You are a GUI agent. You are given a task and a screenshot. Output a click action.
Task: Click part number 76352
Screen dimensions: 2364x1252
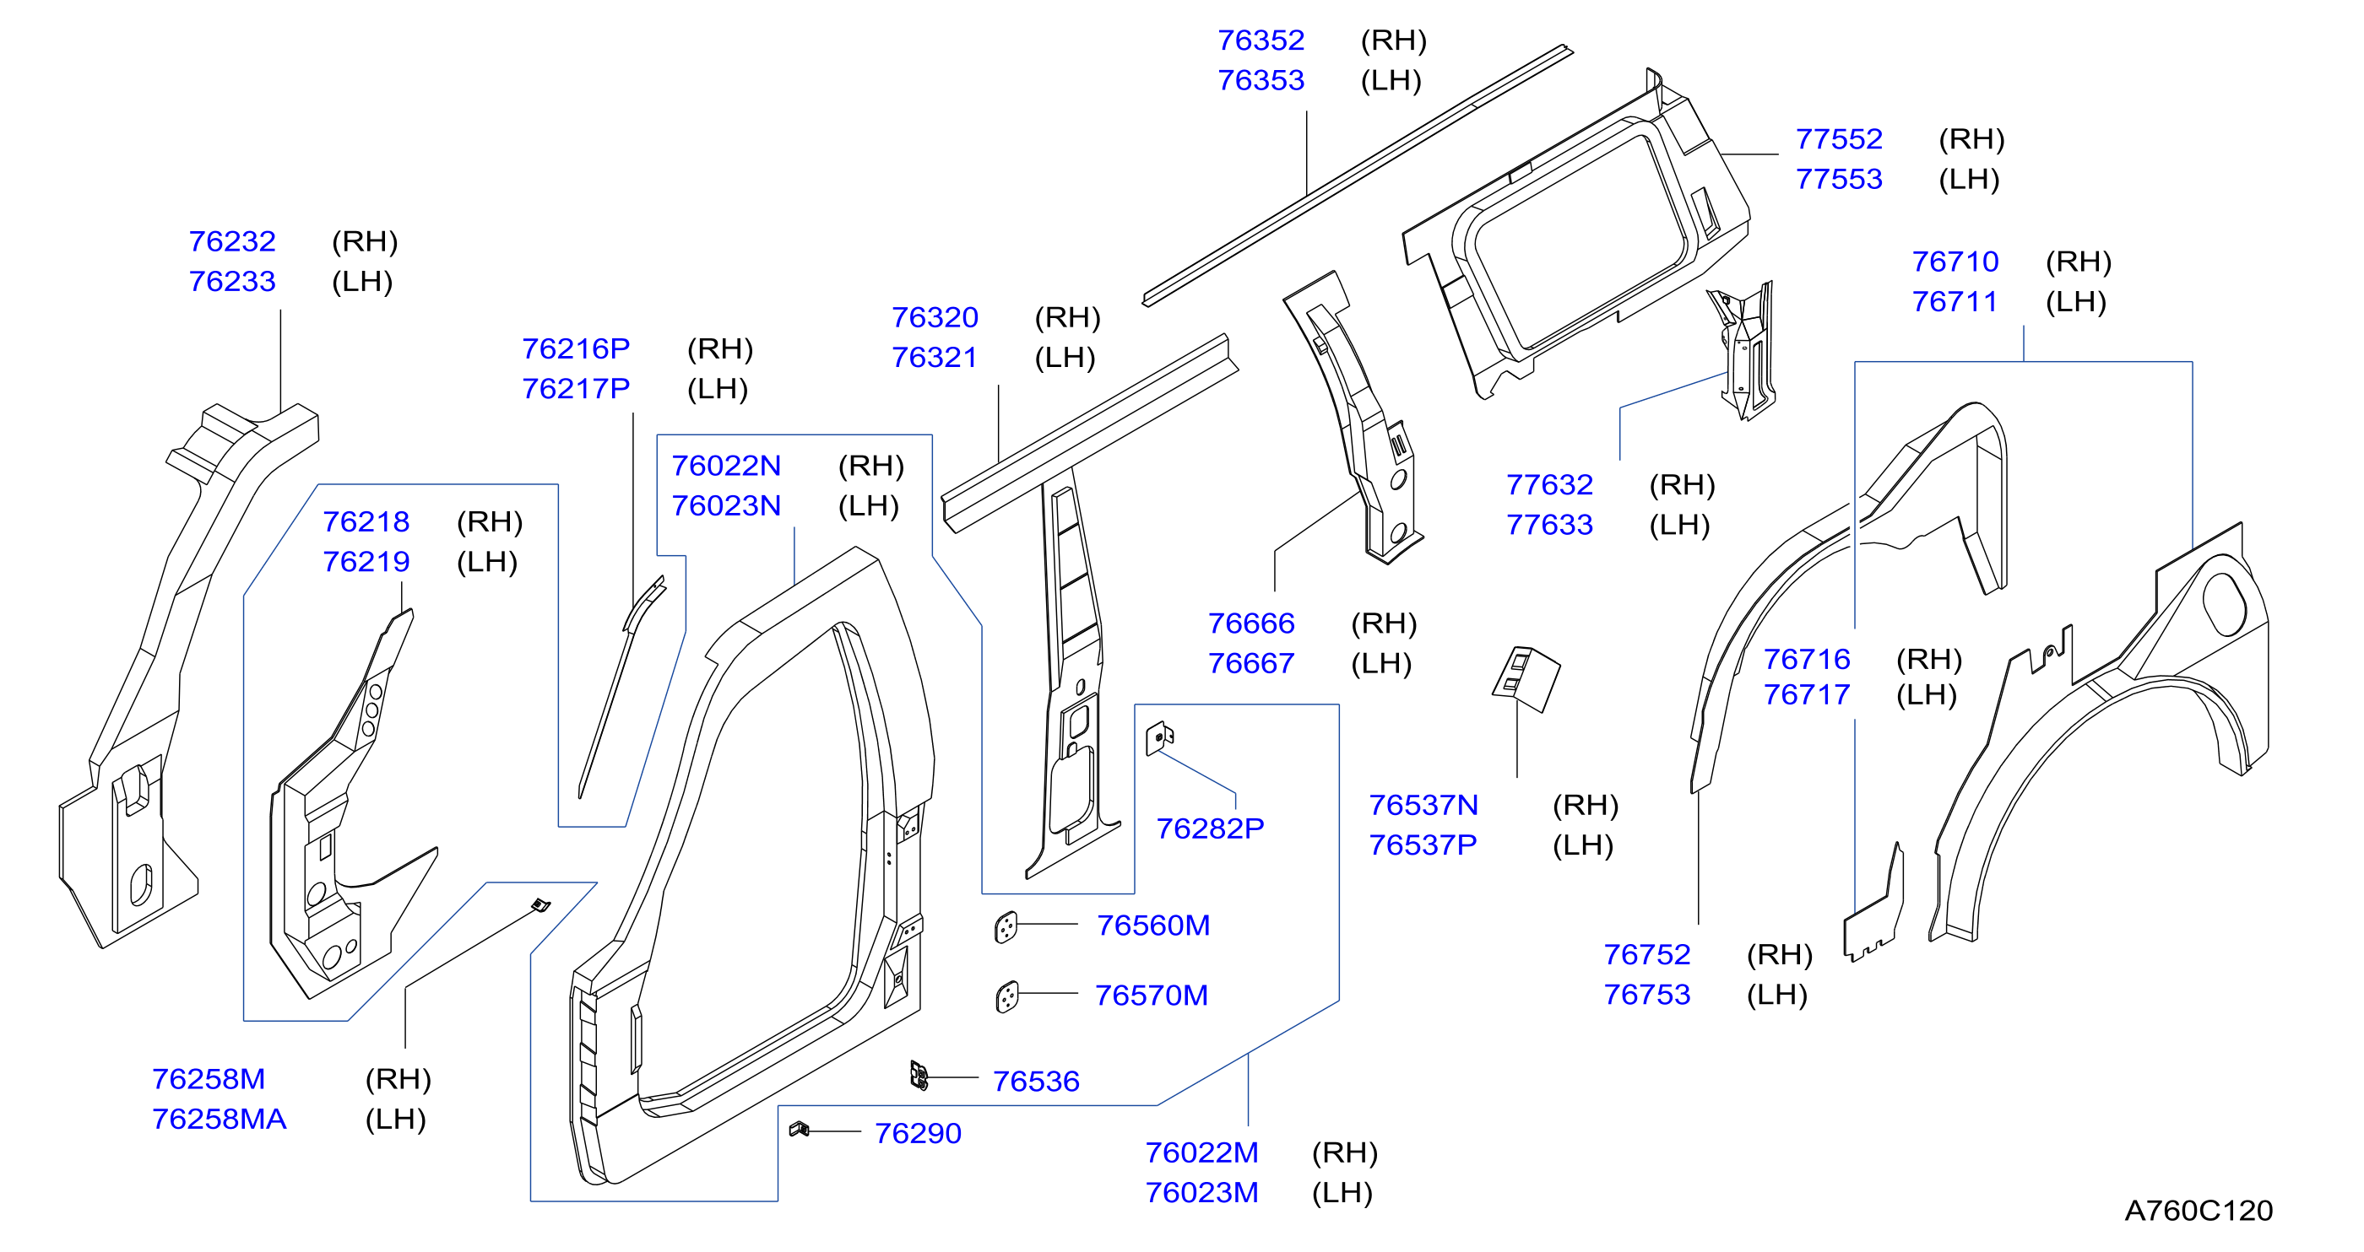pyautogui.click(x=1260, y=40)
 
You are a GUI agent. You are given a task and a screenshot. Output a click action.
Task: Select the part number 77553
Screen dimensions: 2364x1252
pyautogui.click(x=1838, y=179)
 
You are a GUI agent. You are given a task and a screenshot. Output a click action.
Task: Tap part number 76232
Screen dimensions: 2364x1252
pyautogui.click(x=232, y=241)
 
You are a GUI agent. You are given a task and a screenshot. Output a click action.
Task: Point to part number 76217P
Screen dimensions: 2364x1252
pyautogui.click(x=576, y=389)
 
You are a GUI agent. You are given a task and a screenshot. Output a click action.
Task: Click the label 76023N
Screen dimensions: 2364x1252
pyautogui.click(x=726, y=505)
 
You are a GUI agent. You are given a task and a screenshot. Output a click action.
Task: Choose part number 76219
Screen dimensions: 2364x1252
pyautogui.click(x=366, y=561)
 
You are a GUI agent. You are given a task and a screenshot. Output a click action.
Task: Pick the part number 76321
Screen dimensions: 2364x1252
pyautogui.click(x=935, y=357)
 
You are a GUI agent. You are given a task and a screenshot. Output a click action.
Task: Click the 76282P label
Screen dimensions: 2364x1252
pyautogui.click(x=1210, y=828)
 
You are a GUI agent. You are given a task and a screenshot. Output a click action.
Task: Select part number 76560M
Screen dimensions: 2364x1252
pyautogui.click(x=1152, y=926)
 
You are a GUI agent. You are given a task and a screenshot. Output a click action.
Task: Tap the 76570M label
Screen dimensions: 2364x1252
pyautogui.click(x=1151, y=996)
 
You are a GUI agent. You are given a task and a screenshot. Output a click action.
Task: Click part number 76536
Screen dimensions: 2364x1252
pyautogui.click(x=1036, y=1082)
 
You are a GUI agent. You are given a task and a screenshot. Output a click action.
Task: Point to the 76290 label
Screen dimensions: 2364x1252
pyautogui.click(x=918, y=1134)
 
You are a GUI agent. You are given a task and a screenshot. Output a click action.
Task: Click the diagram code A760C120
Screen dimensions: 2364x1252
pyautogui.click(x=2199, y=1211)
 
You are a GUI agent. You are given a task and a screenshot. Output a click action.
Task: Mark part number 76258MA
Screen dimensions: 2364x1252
pyautogui.click(x=220, y=1119)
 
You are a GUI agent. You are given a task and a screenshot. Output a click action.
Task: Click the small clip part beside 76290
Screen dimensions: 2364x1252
pyautogui.click(x=799, y=1129)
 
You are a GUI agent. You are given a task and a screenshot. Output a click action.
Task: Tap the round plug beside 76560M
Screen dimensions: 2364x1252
pyautogui.click(x=1006, y=927)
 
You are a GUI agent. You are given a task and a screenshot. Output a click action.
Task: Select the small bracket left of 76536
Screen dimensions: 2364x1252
pyautogui.click(x=919, y=1075)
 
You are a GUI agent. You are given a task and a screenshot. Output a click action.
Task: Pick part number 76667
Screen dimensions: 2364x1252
pyautogui.click(x=1251, y=663)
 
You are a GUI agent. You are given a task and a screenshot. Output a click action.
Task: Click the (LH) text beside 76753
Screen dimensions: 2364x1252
pyautogui.click(x=1776, y=995)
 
